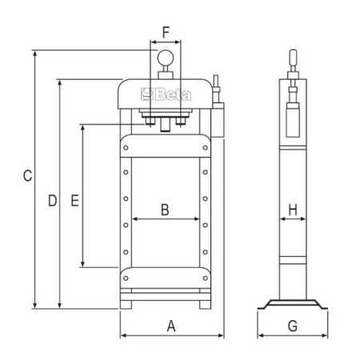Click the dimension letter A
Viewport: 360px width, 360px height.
(x=171, y=326)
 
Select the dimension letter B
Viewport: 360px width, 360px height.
(x=165, y=210)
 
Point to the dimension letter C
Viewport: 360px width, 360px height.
(x=27, y=176)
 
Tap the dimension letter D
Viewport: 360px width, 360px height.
(x=52, y=201)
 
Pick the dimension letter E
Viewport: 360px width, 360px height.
(x=74, y=201)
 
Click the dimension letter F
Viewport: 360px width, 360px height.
(x=166, y=33)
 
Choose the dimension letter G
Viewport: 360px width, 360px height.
(x=293, y=326)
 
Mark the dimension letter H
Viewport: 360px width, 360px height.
(x=293, y=210)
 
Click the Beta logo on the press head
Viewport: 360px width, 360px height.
(x=166, y=94)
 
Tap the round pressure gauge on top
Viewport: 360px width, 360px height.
(x=166, y=58)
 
